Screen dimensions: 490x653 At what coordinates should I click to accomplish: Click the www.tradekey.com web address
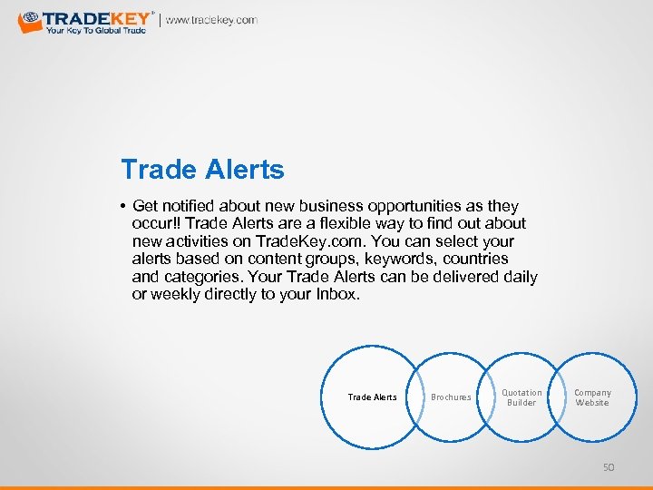pos(211,20)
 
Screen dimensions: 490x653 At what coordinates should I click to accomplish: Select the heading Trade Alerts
pos(202,170)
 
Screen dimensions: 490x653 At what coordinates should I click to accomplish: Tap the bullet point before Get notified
pos(122,207)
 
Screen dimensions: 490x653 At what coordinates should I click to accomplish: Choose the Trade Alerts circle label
pos(373,397)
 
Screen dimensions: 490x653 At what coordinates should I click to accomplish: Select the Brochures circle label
pos(451,397)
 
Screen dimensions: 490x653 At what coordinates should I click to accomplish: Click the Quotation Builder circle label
pos(521,397)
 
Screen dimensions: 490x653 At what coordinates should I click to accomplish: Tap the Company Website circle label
pos(592,397)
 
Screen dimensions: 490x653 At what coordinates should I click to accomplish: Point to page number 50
pos(609,467)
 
